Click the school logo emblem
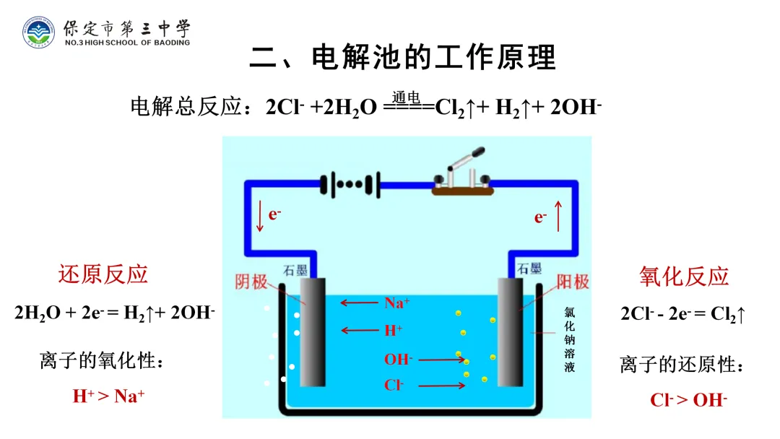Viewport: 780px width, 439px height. [38, 32]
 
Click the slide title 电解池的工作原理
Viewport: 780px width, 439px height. [402, 58]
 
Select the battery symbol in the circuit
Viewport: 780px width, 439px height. [350, 183]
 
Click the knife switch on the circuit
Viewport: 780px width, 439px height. [460, 177]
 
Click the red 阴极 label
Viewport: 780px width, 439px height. [251, 281]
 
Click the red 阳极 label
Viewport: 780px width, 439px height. [572, 281]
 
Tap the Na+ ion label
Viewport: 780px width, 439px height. [396, 303]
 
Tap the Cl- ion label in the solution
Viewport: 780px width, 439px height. [394, 385]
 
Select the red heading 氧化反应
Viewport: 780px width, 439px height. [684, 276]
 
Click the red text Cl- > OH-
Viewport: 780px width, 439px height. [688, 399]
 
